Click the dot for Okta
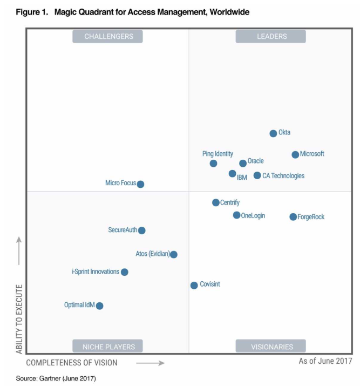click(273, 133)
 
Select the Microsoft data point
click(295, 154)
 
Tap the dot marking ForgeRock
click(293, 217)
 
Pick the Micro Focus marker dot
click(140, 184)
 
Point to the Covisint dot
click(194, 286)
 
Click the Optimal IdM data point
click(99, 306)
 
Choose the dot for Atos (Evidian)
click(173, 254)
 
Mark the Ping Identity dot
click(213, 164)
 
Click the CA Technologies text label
click(283, 176)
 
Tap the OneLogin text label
click(253, 215)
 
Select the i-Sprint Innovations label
click(96, 271)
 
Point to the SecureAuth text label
click(122, 230)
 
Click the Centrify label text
click(230, 203)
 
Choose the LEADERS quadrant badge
click(270, 36)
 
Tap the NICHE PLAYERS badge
click(108, 347)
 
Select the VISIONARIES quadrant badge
click(270, 347)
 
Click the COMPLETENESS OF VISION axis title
click(72, 363)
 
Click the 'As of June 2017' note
click(325, 361)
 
